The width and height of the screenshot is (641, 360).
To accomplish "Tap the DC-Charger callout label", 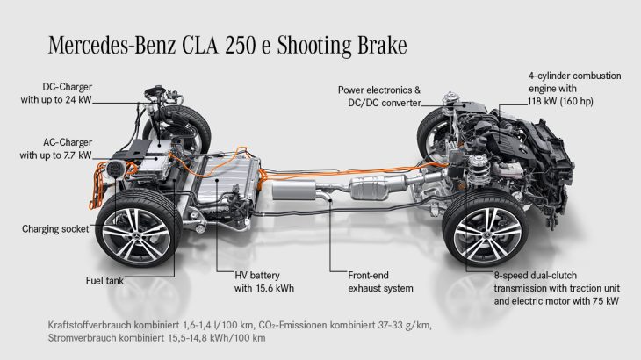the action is (x=56, y=93).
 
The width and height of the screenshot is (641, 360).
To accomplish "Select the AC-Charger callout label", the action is (x=56, y=148).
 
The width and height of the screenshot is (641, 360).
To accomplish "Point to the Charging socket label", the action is (x=55, y=229).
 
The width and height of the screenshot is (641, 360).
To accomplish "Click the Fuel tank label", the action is (x=104, y=281).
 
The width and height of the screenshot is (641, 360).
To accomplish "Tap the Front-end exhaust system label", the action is (x=380, y=282).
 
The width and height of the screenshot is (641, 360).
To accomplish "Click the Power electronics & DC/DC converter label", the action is (x=379, y=97).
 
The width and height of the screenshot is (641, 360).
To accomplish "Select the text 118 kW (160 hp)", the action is (x=560, y=101).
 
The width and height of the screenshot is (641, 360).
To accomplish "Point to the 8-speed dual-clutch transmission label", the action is (x=557, y=288).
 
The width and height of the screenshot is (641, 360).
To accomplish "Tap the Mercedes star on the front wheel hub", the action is (x=487, y=234).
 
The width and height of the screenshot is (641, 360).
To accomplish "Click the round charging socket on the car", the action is (x=115, y=169).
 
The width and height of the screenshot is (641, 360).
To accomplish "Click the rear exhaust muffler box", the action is (x=293, y=190).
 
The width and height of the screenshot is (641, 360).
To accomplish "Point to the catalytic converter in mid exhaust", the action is (x=370, y=189).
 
